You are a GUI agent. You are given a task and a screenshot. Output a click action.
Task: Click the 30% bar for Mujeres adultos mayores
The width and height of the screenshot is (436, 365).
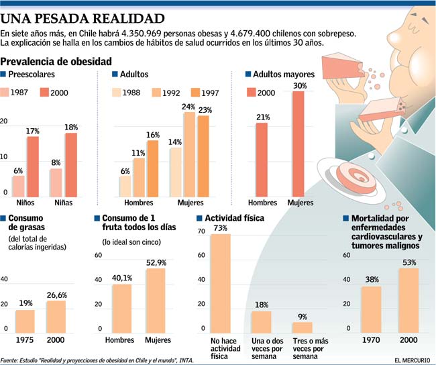point(298,144)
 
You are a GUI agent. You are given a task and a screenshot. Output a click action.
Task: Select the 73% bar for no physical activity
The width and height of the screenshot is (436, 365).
point(220,282)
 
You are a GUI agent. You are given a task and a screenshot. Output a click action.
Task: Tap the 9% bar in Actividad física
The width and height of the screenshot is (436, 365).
point(303,327)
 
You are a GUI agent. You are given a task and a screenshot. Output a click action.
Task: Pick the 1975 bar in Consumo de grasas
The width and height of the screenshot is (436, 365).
point(25,320)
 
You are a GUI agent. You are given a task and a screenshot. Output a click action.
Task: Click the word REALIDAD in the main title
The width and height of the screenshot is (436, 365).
point(125,17)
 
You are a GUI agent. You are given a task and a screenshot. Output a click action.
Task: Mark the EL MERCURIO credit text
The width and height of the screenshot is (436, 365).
point(407,360)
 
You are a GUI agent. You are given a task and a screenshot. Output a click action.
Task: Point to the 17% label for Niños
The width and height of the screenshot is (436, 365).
point(33,132)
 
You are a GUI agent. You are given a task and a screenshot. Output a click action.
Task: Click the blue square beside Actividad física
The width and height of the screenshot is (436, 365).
point(199,218)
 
